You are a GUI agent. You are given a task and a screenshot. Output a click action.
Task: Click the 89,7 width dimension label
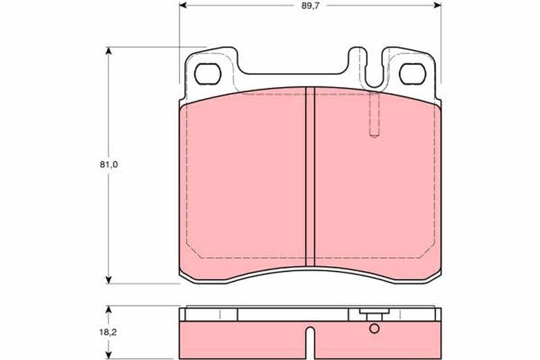[x=310, y=6]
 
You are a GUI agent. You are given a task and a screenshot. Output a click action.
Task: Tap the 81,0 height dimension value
[x=109, y=165]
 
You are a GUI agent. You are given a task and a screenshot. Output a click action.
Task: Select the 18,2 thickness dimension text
[x=108, y=333]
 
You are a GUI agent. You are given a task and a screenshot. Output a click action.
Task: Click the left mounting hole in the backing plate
[x=208, y=74]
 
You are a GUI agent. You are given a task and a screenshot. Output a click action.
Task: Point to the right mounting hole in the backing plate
[x=412, y=74]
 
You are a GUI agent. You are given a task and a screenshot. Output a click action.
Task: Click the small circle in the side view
[x=375, y=329]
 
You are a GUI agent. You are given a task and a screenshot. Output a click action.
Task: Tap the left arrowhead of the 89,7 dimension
[x=183, y=5]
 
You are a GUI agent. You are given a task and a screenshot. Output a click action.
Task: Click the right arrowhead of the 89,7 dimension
[x=437, y=5]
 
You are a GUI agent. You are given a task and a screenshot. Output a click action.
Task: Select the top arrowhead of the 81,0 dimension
[x=109, y=51]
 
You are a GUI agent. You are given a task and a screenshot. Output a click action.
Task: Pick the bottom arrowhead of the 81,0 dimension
[x=109, y=280]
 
